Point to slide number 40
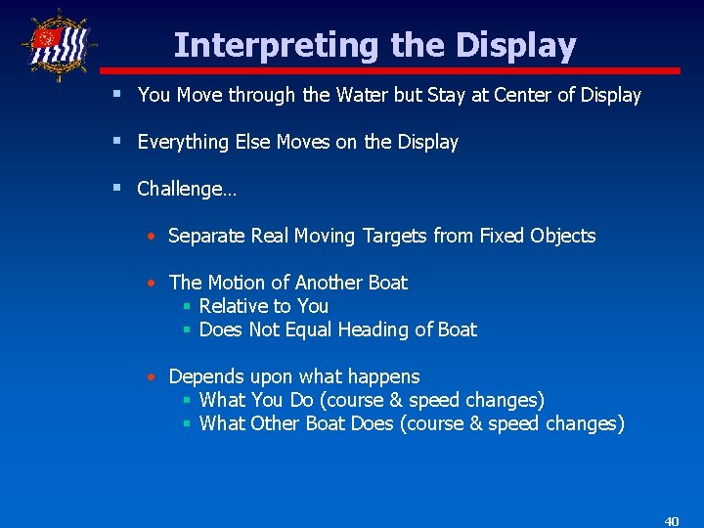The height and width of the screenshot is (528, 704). point(671,521)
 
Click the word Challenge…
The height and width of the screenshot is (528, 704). point(186,189)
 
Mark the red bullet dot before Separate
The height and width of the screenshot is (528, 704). point(152,237)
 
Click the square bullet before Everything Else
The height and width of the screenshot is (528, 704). point(117,141)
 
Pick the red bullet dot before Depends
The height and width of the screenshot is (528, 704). point(152,377)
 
